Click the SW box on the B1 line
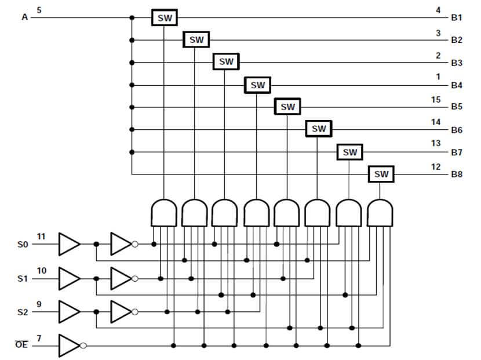click(165, 17)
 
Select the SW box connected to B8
click(381, 174)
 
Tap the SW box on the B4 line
click(257, 85)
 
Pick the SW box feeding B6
click(319, 129)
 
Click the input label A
click(24, 17)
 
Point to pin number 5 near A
click(39, 10)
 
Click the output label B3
click(457, 63)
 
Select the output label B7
click(457, 152)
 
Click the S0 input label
click(23, 245)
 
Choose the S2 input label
click(23, 312)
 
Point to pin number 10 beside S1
click(42, 270)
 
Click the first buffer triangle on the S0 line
click(69, 245)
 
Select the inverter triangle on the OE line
click(69, 346)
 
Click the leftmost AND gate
click(163, 213)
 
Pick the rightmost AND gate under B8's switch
click(380, 213)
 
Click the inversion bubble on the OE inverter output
click(83, 346)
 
